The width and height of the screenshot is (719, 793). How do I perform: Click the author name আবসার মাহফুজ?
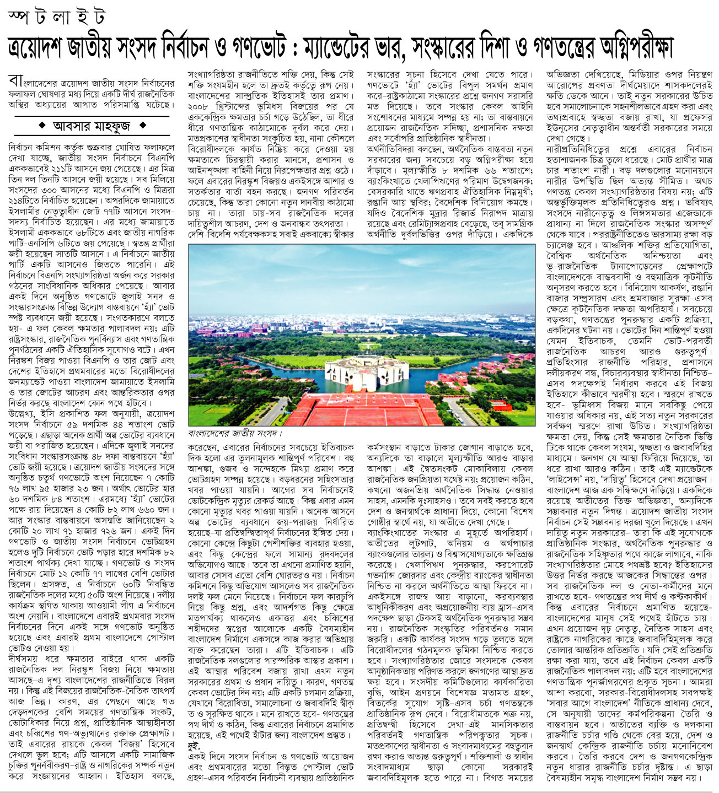click(x=92, y=126)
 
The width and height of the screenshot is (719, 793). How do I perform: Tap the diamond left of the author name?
click(x=42, y=126)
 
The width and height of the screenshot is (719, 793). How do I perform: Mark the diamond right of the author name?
click(x=142, y=126)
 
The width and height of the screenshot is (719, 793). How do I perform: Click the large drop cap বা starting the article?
click(x=15, y=80)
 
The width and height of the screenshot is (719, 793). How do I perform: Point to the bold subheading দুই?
click(x=194, y=746)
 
